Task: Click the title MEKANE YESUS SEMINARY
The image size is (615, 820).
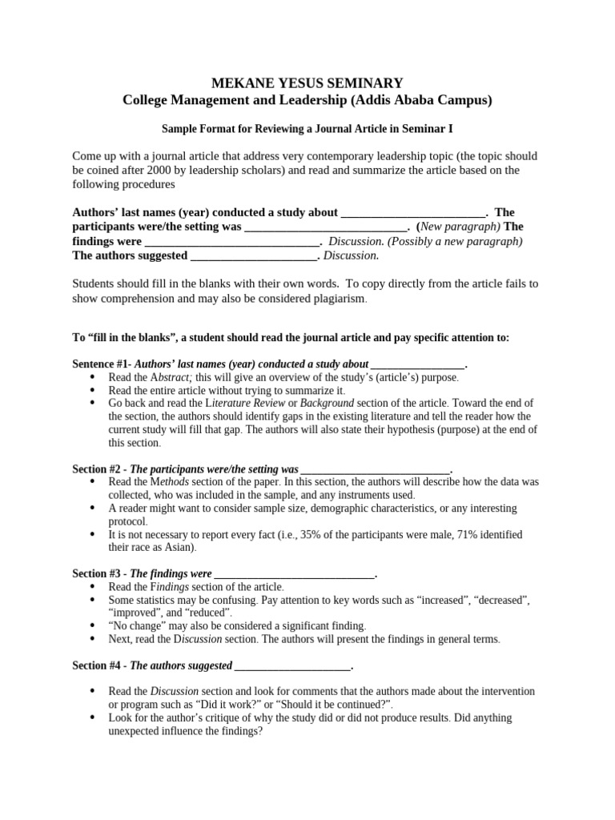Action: click(x=307, y=82)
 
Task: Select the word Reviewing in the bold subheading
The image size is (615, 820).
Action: click(x=280, y=128)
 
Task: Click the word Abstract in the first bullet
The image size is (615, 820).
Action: click(x=169, y=377)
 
